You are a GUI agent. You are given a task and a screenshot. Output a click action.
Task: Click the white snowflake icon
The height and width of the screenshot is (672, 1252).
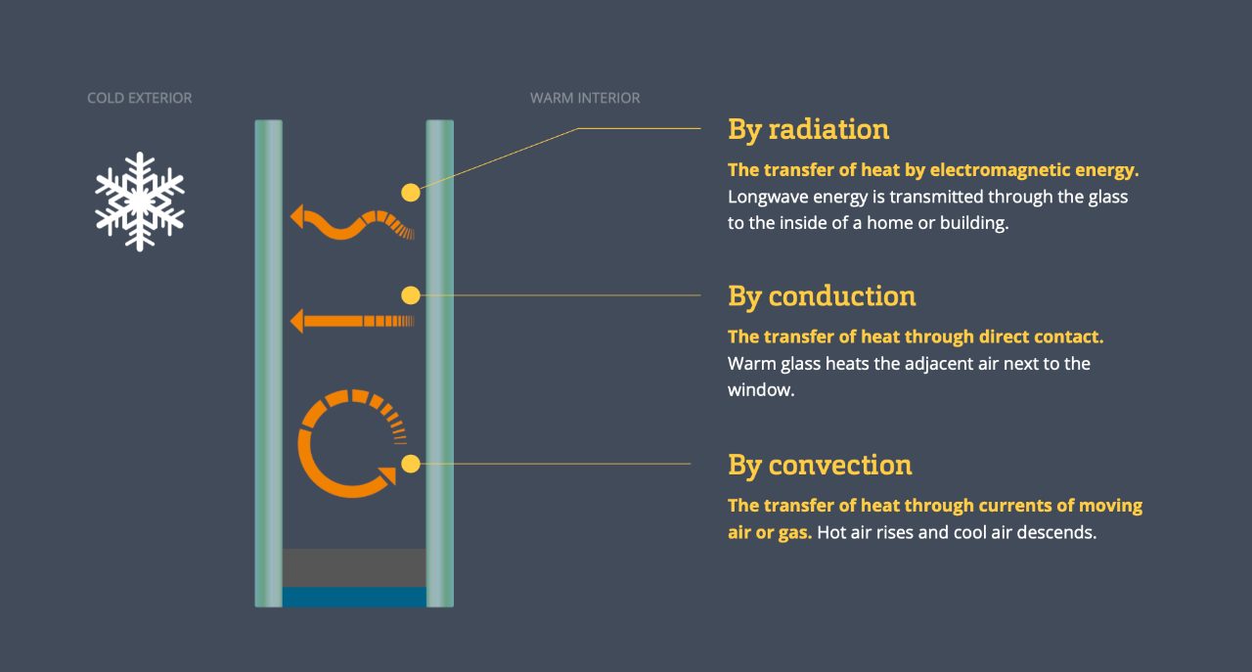click(140, 202)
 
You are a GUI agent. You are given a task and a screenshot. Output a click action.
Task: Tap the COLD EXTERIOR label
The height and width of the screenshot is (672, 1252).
click(139, 98)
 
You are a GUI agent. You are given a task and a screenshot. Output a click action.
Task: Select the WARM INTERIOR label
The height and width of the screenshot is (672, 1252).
click(585, 98)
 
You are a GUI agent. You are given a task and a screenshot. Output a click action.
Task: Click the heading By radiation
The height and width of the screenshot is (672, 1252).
click(808, 129)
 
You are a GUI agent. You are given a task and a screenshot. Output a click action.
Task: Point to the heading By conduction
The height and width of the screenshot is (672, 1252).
click(822, 295)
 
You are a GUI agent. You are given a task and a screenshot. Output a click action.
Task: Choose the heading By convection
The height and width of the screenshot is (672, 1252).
click(820, 465)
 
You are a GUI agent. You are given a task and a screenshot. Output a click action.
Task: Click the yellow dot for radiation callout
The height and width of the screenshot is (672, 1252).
click(410, 193)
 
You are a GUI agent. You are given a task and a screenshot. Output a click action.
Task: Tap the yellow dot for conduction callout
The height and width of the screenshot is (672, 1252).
click(410, 295)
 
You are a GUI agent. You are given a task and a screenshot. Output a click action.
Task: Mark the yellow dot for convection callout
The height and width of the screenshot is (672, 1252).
click(410, 464)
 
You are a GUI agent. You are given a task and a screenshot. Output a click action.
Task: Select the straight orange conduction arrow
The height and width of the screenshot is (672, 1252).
click(352, 321)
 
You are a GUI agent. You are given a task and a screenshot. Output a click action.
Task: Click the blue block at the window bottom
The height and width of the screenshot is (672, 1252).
click(354, 597)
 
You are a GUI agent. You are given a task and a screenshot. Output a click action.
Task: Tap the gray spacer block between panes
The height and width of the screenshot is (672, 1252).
click(354, 567)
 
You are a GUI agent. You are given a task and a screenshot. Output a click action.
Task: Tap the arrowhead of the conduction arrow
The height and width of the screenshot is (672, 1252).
click(297, 321)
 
